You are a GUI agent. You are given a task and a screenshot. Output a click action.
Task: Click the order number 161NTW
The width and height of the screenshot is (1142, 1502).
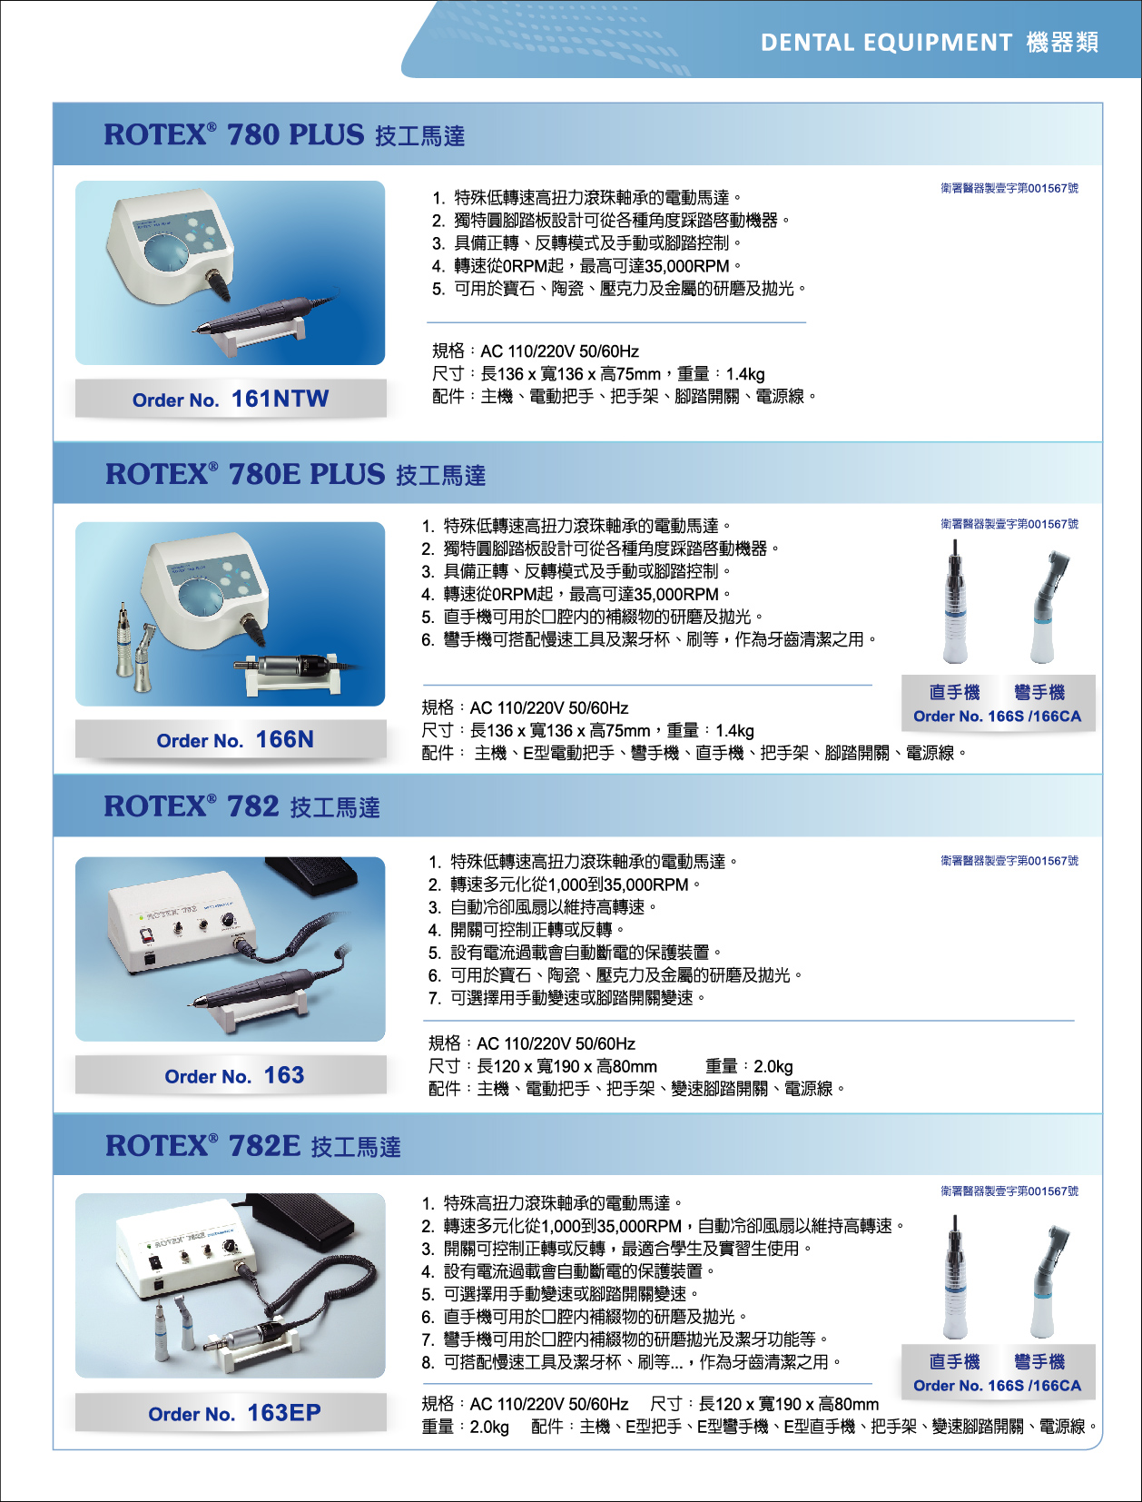pos(280,399)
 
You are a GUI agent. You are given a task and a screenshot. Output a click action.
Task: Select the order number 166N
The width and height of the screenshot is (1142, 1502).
pos(284,739)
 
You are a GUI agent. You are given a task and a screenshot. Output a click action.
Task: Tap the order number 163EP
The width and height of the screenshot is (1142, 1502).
pos(284,1412)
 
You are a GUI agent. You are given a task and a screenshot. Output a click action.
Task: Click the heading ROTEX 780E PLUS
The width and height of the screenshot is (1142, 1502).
pos(245,474)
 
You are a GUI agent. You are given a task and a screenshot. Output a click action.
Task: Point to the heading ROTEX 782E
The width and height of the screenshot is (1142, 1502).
pos(203,1145)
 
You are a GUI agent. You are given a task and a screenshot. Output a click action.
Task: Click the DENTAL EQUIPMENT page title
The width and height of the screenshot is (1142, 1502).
pos(887,43)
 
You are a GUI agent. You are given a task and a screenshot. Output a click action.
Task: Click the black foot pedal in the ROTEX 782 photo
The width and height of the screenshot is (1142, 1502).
pos(312,876)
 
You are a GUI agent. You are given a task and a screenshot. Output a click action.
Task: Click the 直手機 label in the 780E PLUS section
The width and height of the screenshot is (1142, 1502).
pos(955,693)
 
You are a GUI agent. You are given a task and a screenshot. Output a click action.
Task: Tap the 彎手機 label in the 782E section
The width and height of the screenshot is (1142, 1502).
pos(1039,1362)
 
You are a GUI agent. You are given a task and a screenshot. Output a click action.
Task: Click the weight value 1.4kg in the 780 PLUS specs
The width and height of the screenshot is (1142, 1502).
pos(745,374)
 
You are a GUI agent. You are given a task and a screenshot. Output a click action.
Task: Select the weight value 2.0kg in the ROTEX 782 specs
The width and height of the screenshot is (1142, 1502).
pos(773,1066)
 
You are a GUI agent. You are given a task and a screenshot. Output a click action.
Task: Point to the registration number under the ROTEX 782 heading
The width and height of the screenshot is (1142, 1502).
pos(1009,861)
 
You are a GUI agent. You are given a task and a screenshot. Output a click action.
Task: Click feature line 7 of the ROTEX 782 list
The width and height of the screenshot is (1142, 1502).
pos(566,998)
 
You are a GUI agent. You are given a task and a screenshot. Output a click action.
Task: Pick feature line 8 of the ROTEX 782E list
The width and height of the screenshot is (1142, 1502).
pos(632,1362)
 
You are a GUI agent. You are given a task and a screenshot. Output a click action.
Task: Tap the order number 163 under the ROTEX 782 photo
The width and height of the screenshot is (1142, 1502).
pos(284,1075)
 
